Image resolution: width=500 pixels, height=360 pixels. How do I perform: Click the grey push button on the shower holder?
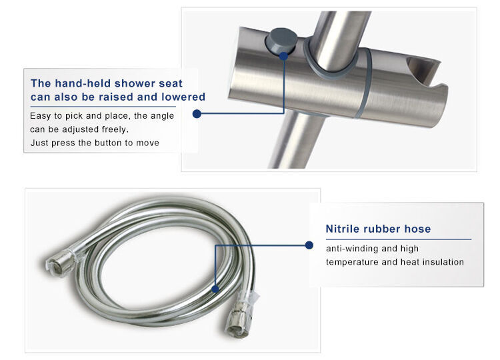point(281,41)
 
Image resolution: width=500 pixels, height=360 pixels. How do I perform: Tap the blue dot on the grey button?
point(283,57)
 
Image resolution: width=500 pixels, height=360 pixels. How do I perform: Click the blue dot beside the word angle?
point(197,113)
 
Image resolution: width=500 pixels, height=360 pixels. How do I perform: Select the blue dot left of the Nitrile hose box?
point(309,245)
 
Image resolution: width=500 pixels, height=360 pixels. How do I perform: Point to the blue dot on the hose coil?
point(215,289)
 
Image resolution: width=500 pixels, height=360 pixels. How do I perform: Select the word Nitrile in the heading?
point(343,229)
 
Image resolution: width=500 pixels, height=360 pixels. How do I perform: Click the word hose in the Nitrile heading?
point(417,229)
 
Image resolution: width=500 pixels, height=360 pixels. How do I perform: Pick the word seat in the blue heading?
point(171,83)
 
